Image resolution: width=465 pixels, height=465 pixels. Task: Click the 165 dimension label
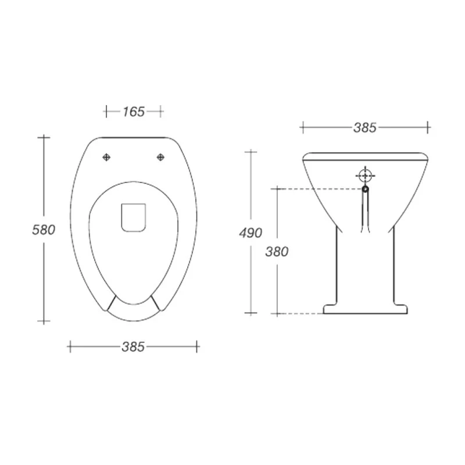point(133,111)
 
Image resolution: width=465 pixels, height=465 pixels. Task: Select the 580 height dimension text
point(44,230)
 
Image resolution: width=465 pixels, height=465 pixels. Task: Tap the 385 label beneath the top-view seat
point(133,346)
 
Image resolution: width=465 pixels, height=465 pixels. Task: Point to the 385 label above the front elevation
point(365,127)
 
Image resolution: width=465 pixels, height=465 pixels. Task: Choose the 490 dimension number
point(251,233)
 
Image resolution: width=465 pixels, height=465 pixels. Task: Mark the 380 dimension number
point(277,252)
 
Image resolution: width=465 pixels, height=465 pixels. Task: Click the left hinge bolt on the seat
point(106,156)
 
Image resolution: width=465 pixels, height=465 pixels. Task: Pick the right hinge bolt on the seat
point(160,156)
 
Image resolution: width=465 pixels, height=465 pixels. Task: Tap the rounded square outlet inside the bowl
point(133,217)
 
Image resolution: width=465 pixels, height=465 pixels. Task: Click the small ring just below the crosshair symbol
point(365,188)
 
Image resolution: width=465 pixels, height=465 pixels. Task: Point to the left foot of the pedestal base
point(330,308)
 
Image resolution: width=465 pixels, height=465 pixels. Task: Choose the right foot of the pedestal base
point(401,308)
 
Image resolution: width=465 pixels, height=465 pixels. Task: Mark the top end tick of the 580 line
point(44,137)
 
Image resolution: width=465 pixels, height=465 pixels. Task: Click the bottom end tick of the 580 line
point(44,321)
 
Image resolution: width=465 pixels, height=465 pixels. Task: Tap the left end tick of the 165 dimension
point(105,111)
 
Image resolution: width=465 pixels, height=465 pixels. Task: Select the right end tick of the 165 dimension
point(162,111)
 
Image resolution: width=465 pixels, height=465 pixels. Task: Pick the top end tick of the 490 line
point(251,152)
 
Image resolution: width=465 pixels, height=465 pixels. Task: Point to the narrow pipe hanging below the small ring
point(365,212)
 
